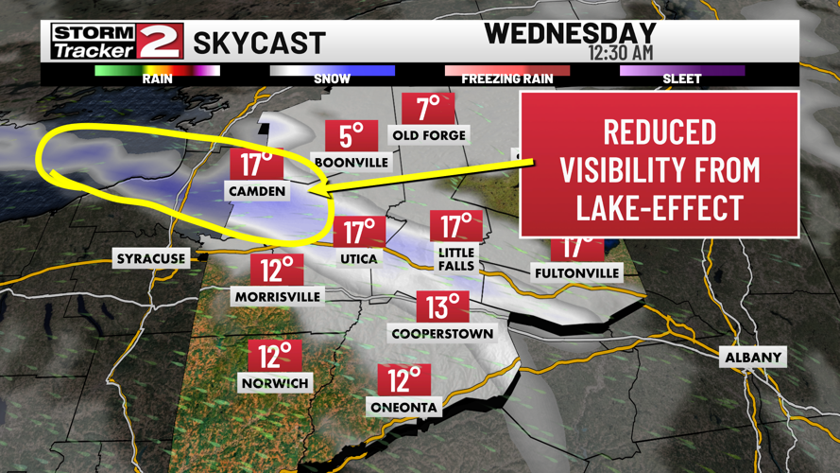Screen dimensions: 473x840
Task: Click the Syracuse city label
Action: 151,258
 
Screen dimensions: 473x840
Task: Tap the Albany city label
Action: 753,357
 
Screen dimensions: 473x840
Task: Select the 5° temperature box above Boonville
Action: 351,136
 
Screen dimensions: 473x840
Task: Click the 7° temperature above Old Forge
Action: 428,109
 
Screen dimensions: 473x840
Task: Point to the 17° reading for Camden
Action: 256,164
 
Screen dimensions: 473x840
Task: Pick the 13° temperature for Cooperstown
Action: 442,306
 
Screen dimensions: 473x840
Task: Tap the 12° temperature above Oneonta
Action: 403,379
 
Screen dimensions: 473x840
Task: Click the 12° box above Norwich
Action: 274,357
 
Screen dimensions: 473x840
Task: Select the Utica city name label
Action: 359,258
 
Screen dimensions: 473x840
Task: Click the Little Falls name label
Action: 455,258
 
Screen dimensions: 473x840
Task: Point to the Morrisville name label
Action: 277,296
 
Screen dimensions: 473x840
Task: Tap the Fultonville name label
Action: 576,272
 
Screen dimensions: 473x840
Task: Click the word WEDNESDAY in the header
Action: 570,33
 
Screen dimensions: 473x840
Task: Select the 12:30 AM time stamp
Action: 620,53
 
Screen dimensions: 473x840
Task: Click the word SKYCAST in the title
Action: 259,43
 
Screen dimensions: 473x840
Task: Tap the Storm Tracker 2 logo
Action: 116,41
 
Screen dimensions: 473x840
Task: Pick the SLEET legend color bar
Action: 681,70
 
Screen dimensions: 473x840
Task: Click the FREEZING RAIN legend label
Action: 506,79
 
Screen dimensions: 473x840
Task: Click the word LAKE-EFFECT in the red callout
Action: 659,207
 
